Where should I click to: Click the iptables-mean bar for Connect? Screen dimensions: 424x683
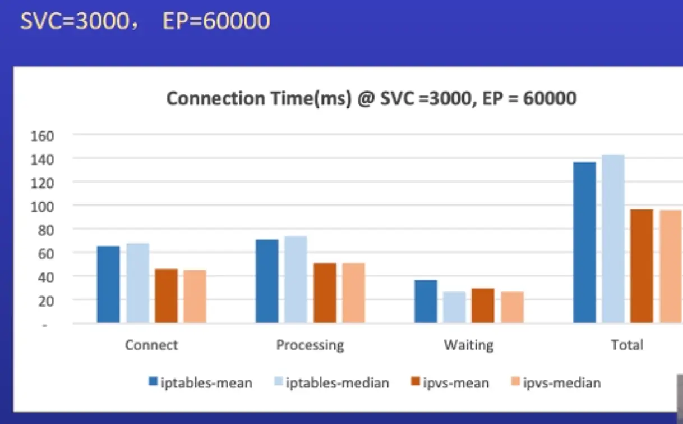point(108,284)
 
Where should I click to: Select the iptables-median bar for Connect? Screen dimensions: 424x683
point(137,283)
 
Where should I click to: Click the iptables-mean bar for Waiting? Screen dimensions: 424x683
point(426,301)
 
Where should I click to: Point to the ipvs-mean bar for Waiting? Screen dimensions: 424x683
point(483,306)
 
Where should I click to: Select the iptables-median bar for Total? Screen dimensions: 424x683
point(613,239)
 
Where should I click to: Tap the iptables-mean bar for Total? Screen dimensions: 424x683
point(584,242)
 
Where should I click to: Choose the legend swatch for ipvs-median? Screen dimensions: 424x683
point(515,382)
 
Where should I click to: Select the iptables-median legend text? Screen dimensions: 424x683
point(338,383)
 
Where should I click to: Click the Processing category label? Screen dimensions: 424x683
point(310,344)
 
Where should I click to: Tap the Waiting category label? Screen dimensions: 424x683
point(468,344)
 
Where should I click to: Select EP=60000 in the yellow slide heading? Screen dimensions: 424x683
point(216,21)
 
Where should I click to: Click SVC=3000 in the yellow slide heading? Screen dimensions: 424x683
point(75,21)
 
